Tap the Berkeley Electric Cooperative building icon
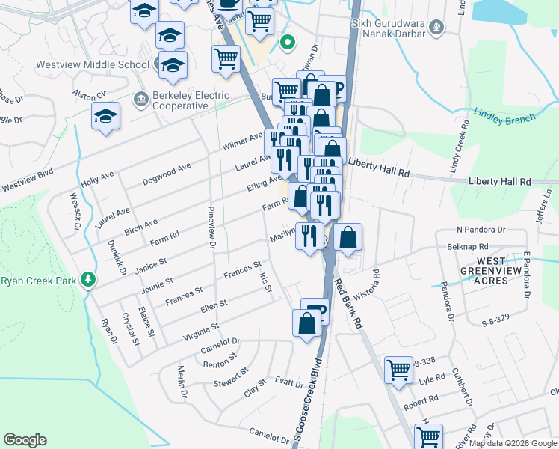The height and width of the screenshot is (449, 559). (x=140, y=99)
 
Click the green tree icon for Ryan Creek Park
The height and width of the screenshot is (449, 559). (x=89, y=279)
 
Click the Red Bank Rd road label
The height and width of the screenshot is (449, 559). (x=349, y=305)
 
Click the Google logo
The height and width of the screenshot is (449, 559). (x=25, y=440)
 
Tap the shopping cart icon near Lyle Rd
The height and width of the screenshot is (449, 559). (x=398, y=369)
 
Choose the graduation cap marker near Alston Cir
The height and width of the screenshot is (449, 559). (x=106, y=117)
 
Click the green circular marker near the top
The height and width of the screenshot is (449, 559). (x=285, y=43)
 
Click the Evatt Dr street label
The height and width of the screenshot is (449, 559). (x=288, y=385)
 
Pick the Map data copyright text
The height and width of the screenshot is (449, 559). (x=512, y=443)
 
